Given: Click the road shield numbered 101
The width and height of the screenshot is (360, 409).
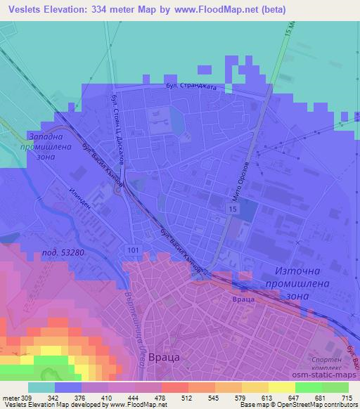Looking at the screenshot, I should point(132,249).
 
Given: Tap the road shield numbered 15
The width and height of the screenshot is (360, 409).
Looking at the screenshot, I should point(231,210).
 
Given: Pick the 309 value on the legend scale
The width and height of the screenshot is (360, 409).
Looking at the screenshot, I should point(27,398).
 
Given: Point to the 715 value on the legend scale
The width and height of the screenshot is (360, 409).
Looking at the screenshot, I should point(345,398).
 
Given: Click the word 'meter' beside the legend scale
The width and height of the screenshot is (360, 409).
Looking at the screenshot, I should point(10,398).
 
